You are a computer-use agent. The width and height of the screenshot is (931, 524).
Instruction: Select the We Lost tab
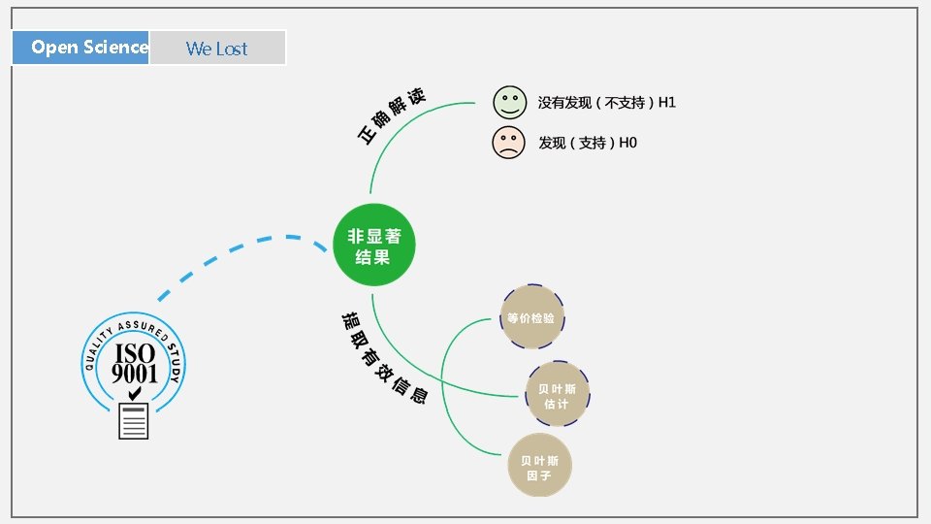click(x=217, y=48)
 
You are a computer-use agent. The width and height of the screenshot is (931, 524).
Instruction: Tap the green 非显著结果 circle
click(x=374, y=246)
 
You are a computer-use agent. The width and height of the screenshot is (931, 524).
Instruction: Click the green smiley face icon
click(x=508, y=102)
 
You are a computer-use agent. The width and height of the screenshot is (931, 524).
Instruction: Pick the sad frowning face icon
click(x=508, y=143)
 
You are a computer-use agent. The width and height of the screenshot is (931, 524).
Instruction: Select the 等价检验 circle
click(x=531, y=317)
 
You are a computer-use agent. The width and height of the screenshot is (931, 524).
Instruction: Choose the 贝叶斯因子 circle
click(x=539, y=467)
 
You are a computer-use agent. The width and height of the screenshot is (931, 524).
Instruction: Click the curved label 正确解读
click(x=392, y=117)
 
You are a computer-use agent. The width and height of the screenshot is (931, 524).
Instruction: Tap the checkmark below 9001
click(x=136, y=392)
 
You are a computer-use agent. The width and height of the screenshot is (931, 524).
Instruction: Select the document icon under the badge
click(x=134, y=421)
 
